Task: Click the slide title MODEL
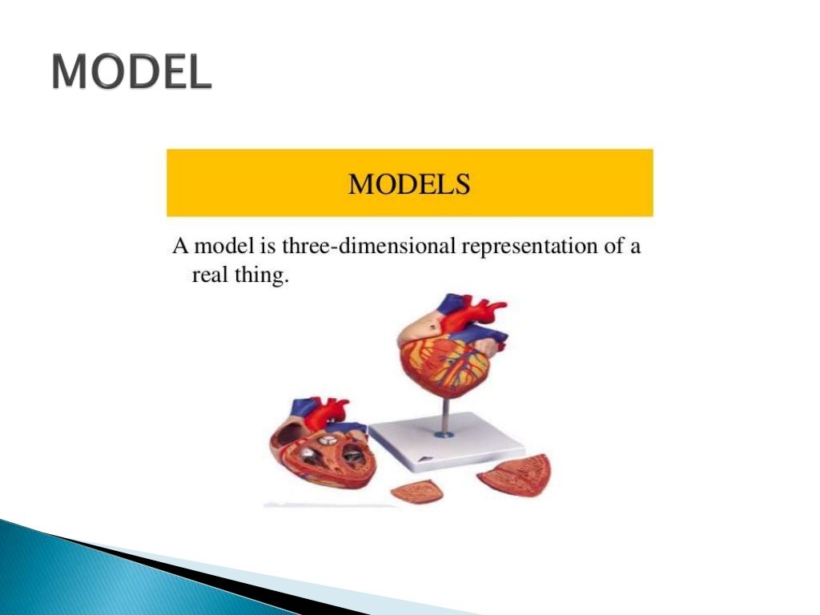132,74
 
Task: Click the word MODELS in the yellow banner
409,183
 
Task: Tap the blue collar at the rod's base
443,434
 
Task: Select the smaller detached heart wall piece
416,490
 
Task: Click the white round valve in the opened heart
327,440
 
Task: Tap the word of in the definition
613,245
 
